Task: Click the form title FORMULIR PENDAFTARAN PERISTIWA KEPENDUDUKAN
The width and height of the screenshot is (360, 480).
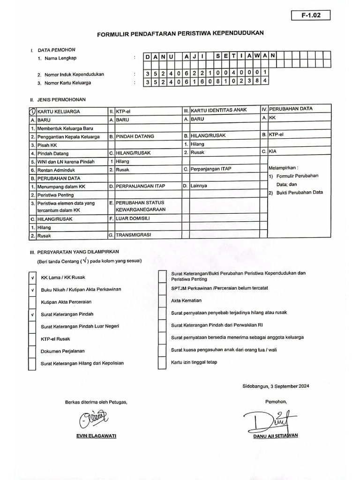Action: (x=180, y=34)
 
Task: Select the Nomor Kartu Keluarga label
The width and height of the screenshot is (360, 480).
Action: (x=67, y=83)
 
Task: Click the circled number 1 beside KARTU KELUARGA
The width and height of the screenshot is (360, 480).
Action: (x=32, y=112)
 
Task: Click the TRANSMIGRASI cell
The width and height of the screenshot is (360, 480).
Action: (x=134, y=234)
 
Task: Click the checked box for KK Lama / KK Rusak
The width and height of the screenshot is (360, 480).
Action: (x=32, y=277)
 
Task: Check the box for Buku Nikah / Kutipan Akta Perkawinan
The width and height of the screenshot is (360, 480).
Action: (x=32, y=290)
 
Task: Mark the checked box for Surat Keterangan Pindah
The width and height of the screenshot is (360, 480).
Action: (x=32, y=314)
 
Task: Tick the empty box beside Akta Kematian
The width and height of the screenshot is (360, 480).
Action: (x=162, y=300)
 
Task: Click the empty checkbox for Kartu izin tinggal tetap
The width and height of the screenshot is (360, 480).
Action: (x=162, y=362)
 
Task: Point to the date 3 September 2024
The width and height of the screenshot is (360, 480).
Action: (x=276, y=386)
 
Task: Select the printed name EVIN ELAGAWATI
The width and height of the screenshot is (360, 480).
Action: (x=96, y=435)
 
